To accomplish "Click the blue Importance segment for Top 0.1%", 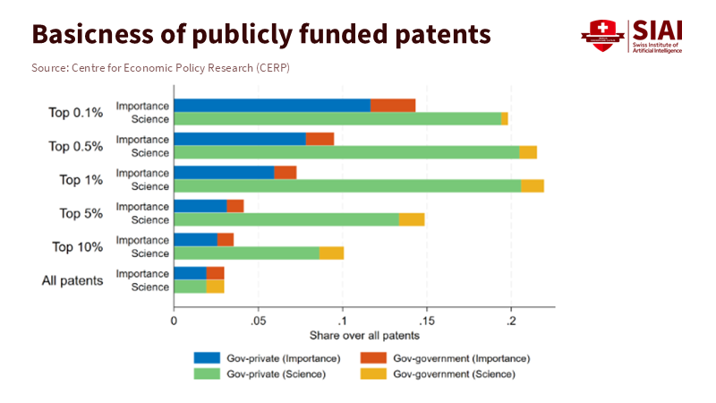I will [272, 106].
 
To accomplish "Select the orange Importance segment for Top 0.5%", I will [320, 139].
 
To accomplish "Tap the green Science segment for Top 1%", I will [347, 185].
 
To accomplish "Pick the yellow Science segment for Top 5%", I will [412, 219].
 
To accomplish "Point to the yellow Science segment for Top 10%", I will [332, 253].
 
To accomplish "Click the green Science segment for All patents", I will [190, 287].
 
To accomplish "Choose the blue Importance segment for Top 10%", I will [195, 239].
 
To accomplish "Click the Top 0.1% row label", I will [76, 112].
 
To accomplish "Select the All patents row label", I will [72, 280].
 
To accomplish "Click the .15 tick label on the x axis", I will [426, 320].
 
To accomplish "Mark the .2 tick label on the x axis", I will [511, 320].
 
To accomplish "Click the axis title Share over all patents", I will [363, 336].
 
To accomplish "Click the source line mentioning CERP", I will [160, 68].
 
